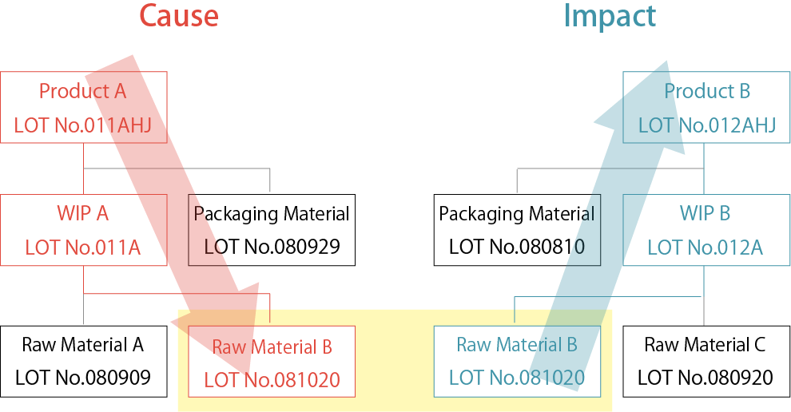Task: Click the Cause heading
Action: tap(178, 16)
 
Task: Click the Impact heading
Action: tap(610, 16)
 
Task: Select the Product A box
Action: tap(83, 107)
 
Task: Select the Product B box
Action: tap(706, 107)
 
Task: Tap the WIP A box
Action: tap(83, 230)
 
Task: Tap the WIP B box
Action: tap(705, 230)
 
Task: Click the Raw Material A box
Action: tap(83, 361)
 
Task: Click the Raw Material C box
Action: tap(705, 361)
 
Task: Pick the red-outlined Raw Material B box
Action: tap(272, 362)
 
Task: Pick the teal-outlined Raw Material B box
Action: tap(516, 361)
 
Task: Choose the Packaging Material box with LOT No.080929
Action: tap(272, 230)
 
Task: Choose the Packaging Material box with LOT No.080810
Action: tap(517, 230)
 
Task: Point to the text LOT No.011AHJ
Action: tap(83, 125)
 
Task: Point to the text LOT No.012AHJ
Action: tap(707, 125)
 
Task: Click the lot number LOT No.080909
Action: tap(83, 377)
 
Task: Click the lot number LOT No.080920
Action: tap(705, 377)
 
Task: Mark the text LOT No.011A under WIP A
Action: tap(83, 248)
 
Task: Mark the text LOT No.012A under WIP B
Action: tap(705, 248)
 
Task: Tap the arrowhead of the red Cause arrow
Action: tap(232, 319)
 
